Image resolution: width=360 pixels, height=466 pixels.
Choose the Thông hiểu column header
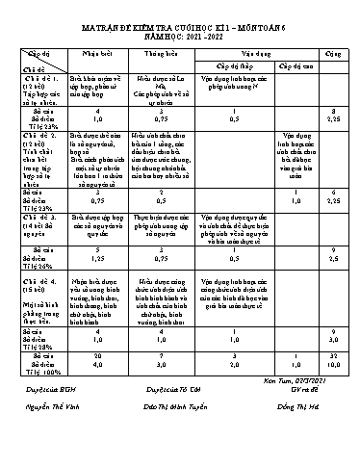coord(165,43)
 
